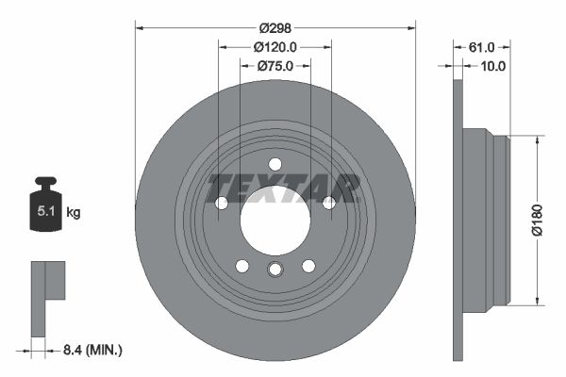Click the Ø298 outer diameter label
pos(275,28)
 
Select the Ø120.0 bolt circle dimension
pos(275,47)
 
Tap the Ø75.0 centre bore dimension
pos(275,66)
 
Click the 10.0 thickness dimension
pos(493,66)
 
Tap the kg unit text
pos(73,213)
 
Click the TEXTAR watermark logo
pos(283,188)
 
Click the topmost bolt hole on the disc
pos(275,163)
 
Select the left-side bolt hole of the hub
pos(222,203)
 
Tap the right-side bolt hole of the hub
pos(328,203)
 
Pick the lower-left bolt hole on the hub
pos(241,266)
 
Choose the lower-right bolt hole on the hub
pos(308,266)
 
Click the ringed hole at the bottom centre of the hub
pos(275,270)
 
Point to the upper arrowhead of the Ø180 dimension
pos(538,138)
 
